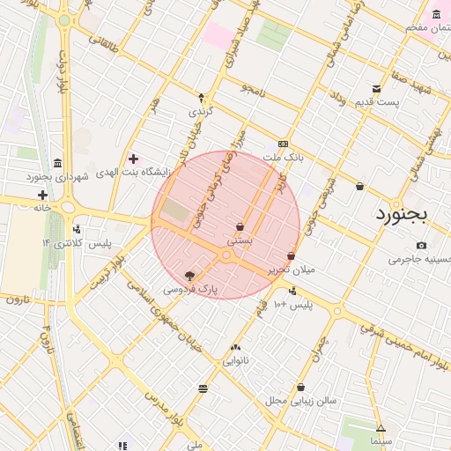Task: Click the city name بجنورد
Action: click(x=401, y=214)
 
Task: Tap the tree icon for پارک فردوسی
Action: click(x=189, y=276)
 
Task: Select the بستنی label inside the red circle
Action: click(x=240, y=239)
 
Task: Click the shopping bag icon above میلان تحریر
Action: click(x=291, y=255)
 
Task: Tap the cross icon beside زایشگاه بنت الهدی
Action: click(x=133, y=159)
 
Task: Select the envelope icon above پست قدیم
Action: click(x=377, y=89)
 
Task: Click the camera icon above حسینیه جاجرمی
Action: click(x=421, y=245)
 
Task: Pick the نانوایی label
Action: click(x=235, y=360)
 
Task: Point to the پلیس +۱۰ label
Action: click(x=292, y=305)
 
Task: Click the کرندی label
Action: click(x=201, y=112)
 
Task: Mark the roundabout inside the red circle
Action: click(x=227, y=255)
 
